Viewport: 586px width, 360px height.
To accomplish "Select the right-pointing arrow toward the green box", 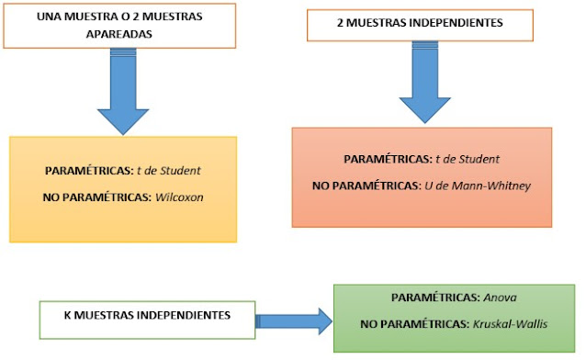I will pyautogui.click(x=293, y=320).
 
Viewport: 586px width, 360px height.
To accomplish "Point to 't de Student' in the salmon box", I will pyautogui.click(x=468, y=159).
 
